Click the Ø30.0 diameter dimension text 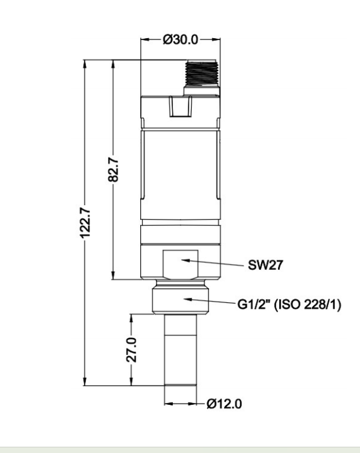(180, 39)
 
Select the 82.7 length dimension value (113, 170)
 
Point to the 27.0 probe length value (131, 350)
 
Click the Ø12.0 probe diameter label (224, 404)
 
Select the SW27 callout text (265, 265)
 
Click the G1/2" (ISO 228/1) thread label (289, 304)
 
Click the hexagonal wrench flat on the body (181, 265)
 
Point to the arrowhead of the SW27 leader (186, 260)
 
